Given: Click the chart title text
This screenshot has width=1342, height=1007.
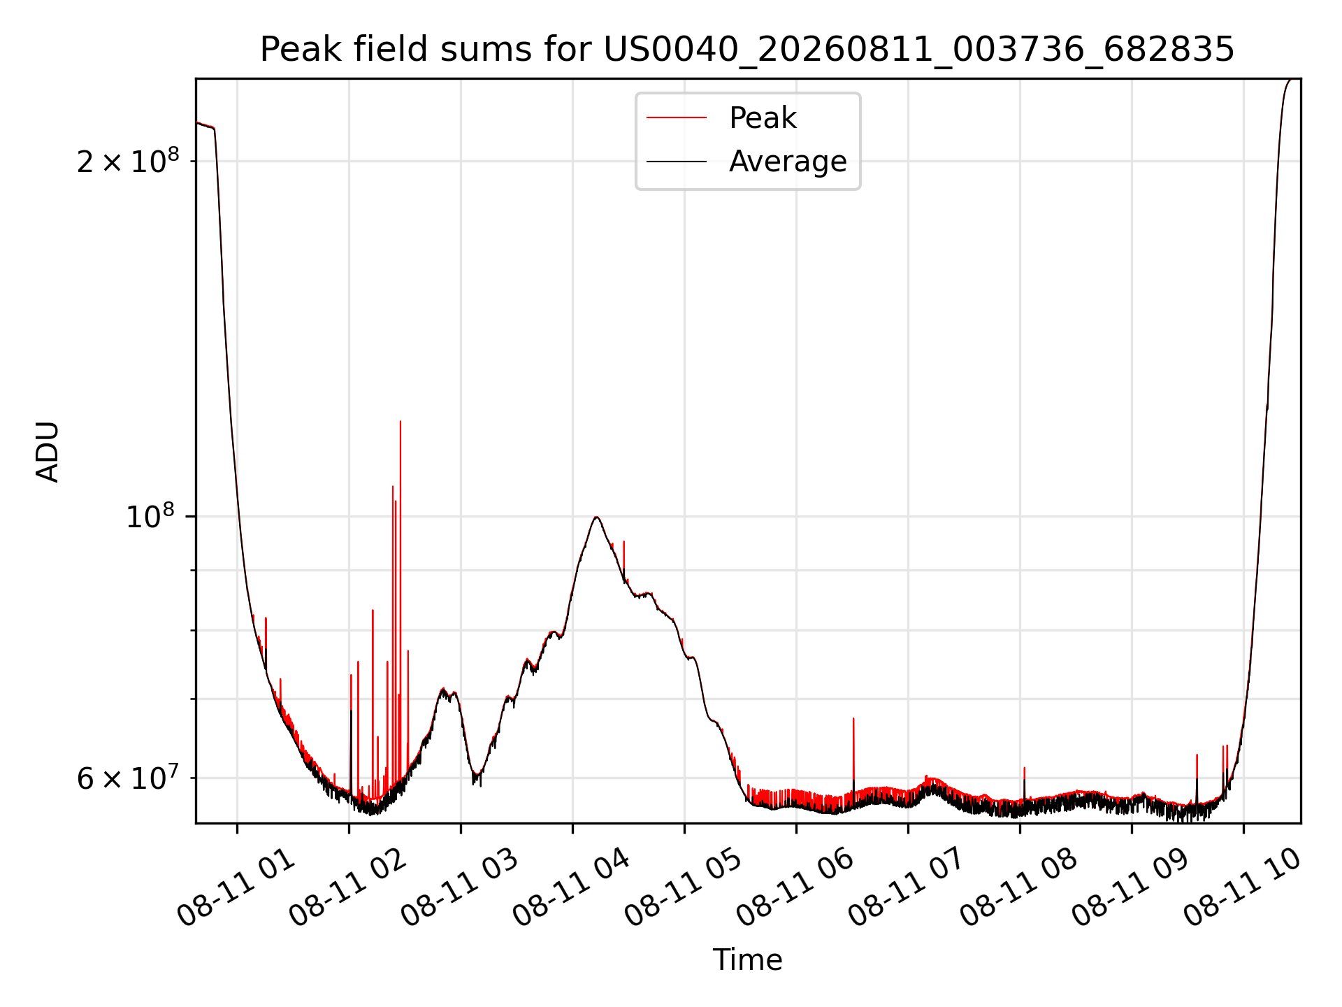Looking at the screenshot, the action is [747, 50].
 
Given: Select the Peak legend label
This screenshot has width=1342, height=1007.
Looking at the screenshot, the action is [763, 118].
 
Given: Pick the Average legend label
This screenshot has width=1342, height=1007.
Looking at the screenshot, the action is [788, 162].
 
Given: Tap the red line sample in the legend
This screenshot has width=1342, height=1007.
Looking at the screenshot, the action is [677, 118].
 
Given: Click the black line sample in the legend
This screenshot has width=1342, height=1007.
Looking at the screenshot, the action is [677, 162].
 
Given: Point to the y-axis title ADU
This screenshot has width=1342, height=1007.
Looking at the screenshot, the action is [48, 452].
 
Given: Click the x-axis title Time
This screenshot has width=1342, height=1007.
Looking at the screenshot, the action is [747, 960].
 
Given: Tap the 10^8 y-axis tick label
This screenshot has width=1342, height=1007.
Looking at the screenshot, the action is [150, 516].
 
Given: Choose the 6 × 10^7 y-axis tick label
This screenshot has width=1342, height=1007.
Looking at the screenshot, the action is [128, 777].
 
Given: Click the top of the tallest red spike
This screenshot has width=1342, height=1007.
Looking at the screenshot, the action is [400, 422].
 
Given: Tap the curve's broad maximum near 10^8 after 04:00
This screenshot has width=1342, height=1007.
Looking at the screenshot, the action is [596, 517].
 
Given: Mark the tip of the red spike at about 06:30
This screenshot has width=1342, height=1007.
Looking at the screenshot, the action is [853, 718].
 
